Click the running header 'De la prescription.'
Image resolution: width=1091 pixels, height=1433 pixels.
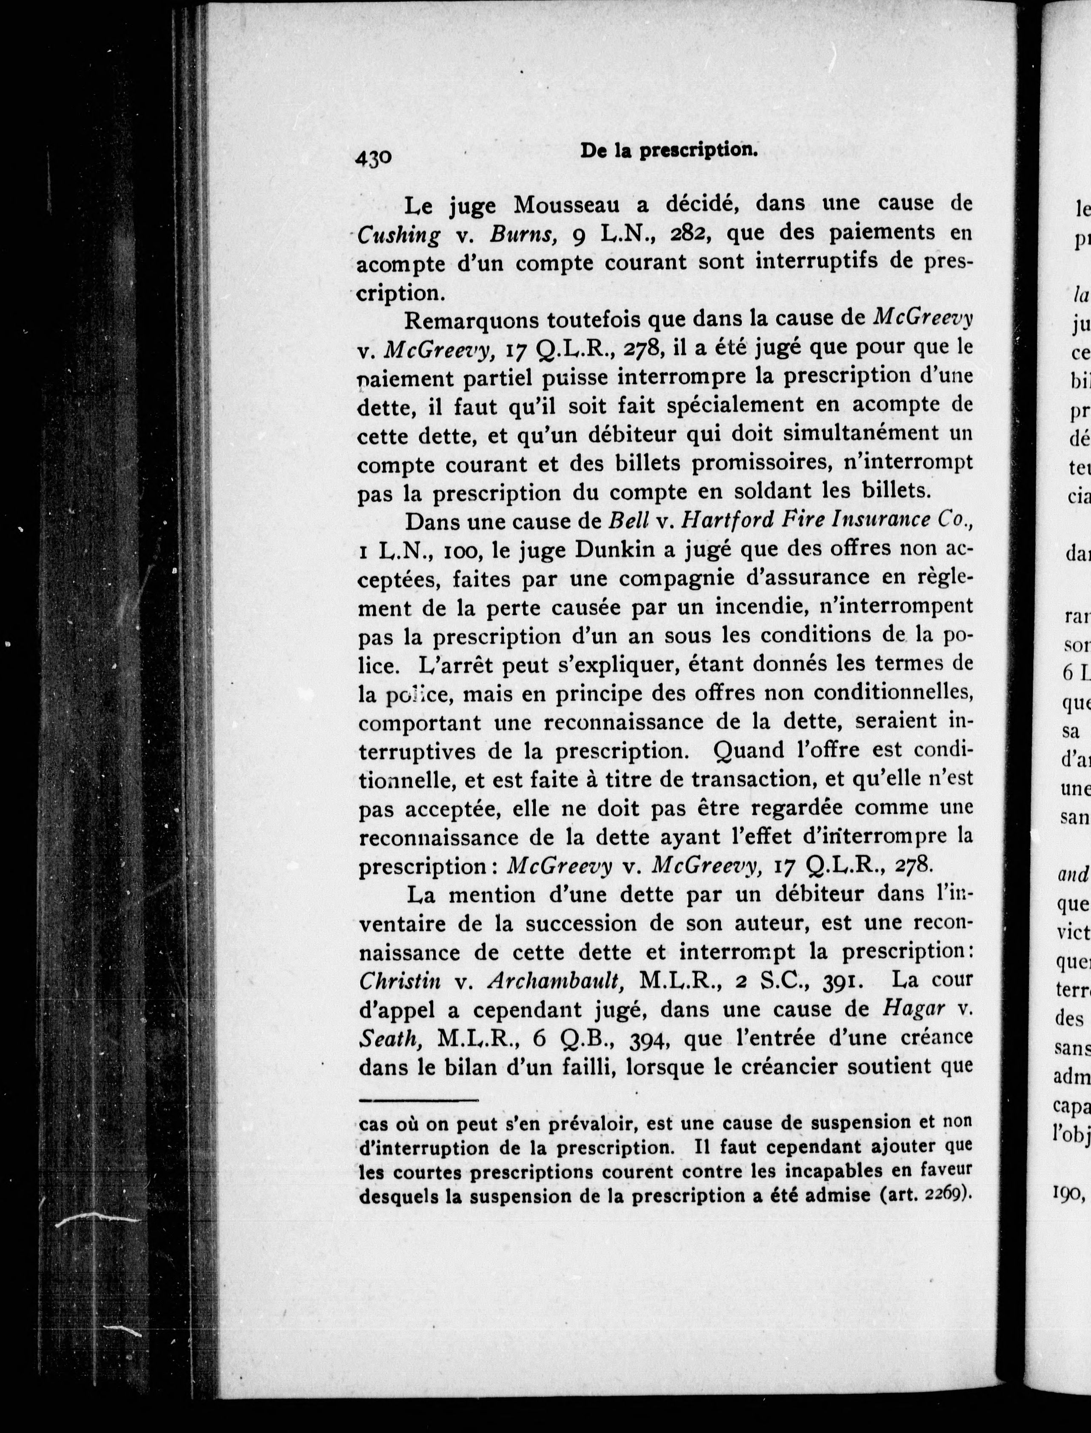(669, 150)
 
